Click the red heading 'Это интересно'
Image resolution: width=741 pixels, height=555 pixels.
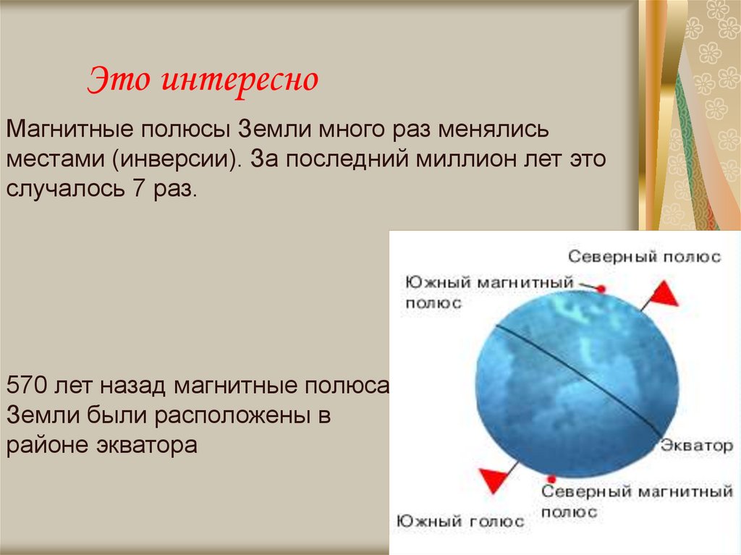[x=203, y=80]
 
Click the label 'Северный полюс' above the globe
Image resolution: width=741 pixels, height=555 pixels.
[x=644, y=257]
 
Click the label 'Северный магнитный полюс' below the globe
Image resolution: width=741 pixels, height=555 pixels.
[x=637, y=501]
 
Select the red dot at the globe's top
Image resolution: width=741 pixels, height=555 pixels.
[x=601, y=289]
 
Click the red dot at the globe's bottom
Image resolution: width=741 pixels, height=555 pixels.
[x=552, y=479]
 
